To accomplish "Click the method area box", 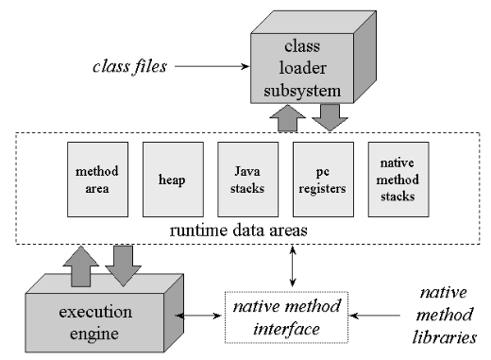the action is (x=97, y=180).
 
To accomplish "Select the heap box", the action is (x=173, y=180).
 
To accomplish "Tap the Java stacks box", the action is (x=248, y=180).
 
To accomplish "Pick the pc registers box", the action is (x=323, y=180).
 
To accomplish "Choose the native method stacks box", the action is (x=398, y=180).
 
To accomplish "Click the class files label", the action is (x=129, y=67).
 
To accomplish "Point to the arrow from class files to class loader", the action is (x=212, y=66).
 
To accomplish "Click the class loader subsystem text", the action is (x=302, y=68).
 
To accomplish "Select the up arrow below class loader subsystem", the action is (x=288, y=118).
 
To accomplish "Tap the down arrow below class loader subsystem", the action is (x=330, y=117).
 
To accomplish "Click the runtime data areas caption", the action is (x=238, y=231).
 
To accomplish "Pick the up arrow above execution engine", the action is (x=81, y=266).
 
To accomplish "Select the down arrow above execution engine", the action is (x=123, y=266).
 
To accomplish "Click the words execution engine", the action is (x=95, y=322).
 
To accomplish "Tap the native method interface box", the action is (x=286, y=317).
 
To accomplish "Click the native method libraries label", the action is (x=445, y=315).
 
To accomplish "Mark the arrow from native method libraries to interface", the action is (x=375, y=316).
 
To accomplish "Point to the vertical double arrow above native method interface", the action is (x=293, y=266).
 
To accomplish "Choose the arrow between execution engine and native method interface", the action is (x=198, y=316).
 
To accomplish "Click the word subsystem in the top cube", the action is (x=302, y=91).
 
